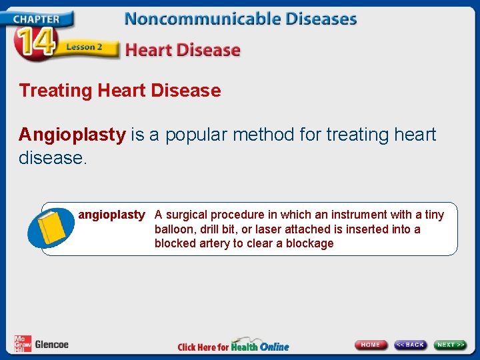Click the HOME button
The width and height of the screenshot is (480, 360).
pos(371,345)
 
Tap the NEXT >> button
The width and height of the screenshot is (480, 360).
pos(451,345)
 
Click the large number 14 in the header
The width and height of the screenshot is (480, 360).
pos(33,44)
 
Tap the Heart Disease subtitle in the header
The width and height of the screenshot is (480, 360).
pos(183,50)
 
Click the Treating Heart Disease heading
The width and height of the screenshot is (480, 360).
pos(120,91)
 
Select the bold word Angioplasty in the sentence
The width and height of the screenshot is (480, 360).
pos(72,135)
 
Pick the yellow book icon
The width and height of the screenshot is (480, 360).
pos(53,229)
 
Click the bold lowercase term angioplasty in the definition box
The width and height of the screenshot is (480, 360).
pos(111,215)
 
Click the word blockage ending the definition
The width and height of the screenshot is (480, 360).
pos(310,244)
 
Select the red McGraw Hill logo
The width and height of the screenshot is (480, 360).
pos(23,344)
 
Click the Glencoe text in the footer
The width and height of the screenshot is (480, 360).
pos(52,345)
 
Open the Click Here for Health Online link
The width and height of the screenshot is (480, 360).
pos(233,346)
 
